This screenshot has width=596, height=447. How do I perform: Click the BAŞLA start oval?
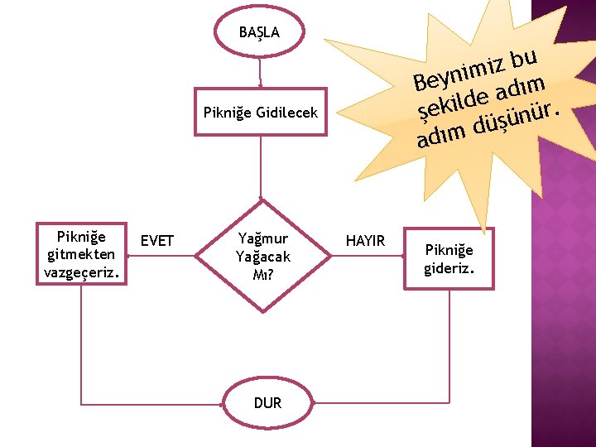pos(259,33)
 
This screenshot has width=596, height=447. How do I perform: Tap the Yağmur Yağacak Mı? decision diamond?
pos(262,256)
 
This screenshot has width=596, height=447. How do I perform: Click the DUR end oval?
pos(267,403)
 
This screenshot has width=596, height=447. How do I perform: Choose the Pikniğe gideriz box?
pos(449,258)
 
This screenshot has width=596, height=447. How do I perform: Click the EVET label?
pos(157,241)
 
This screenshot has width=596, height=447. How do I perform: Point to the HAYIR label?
pos(365,241)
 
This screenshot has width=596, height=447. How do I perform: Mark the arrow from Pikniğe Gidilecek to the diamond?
pos(261,166)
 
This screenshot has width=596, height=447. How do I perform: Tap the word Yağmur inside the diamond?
pos(262,241)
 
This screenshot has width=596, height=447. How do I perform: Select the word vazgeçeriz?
pos(82,271)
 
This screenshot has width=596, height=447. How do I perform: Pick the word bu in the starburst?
pos(525,56)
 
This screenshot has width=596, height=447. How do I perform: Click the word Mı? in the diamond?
pos(262,272)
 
